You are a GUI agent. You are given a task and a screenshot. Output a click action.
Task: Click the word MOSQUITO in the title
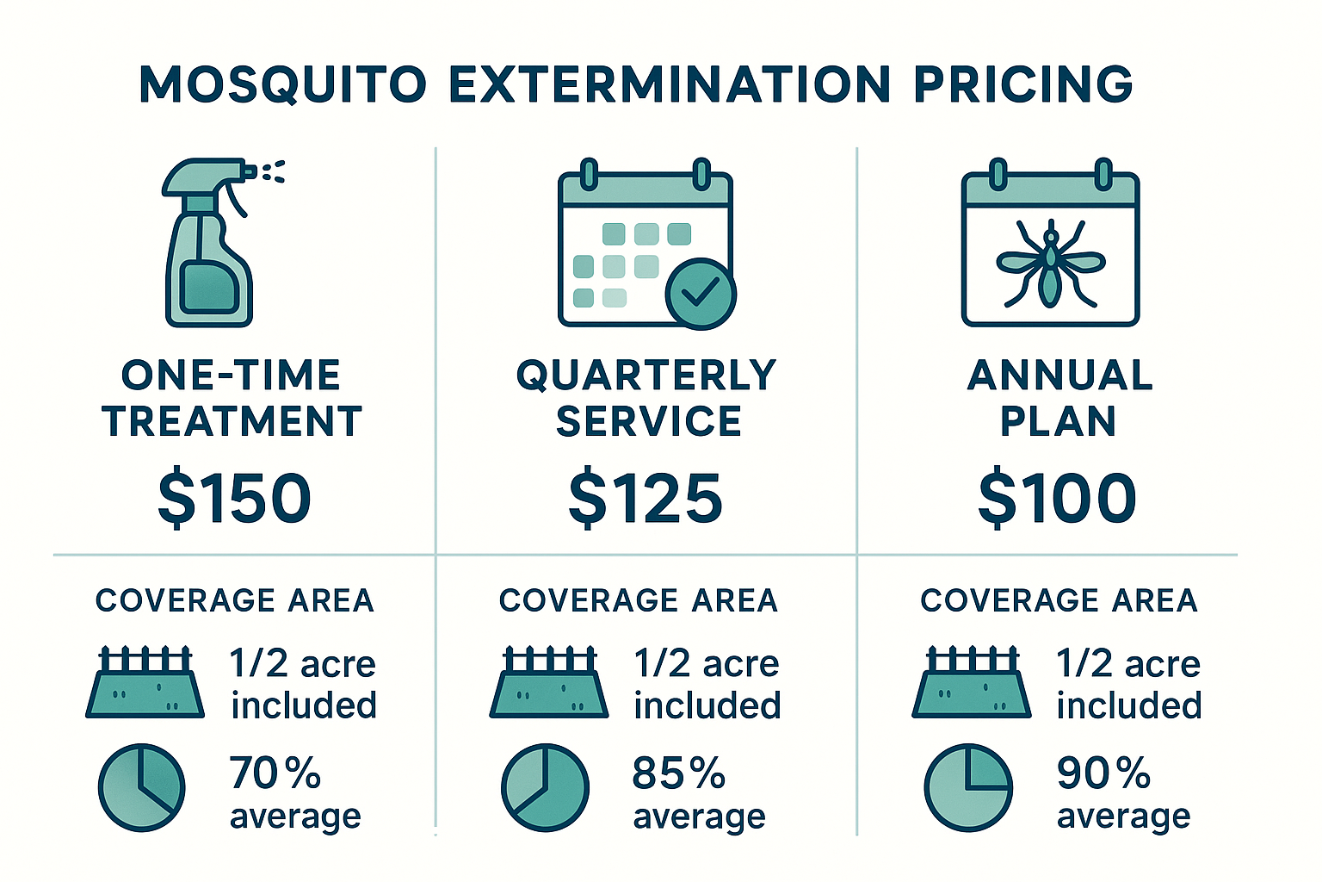click(283, 84)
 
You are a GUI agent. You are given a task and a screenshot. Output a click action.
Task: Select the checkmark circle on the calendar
click(701, 294)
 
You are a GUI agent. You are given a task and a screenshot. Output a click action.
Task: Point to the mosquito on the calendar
click(1050, 263)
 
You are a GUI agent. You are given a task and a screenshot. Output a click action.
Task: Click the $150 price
click(234, 499)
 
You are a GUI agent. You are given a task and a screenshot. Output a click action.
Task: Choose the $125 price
click(646, 499)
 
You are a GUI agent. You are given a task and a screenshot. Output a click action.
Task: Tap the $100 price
click(1057, 499)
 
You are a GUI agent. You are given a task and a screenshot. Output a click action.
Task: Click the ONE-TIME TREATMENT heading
click(232, 398)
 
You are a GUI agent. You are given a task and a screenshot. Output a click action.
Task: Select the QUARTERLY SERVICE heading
click(646, 398)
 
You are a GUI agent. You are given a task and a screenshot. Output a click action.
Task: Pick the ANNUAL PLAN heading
click(1059, 398)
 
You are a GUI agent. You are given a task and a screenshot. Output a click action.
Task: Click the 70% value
click(275, 773)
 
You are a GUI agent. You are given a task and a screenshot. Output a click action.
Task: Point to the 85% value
click(678, 773)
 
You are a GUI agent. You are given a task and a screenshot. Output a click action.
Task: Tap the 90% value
click(1103, 773)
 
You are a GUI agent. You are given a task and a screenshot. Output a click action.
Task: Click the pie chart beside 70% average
click(141, 787)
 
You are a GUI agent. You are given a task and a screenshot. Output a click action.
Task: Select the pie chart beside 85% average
click(545, 787)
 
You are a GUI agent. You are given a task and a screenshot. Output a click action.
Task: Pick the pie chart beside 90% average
click(968, 787)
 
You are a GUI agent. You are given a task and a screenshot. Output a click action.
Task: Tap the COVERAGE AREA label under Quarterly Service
click(638, 600)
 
